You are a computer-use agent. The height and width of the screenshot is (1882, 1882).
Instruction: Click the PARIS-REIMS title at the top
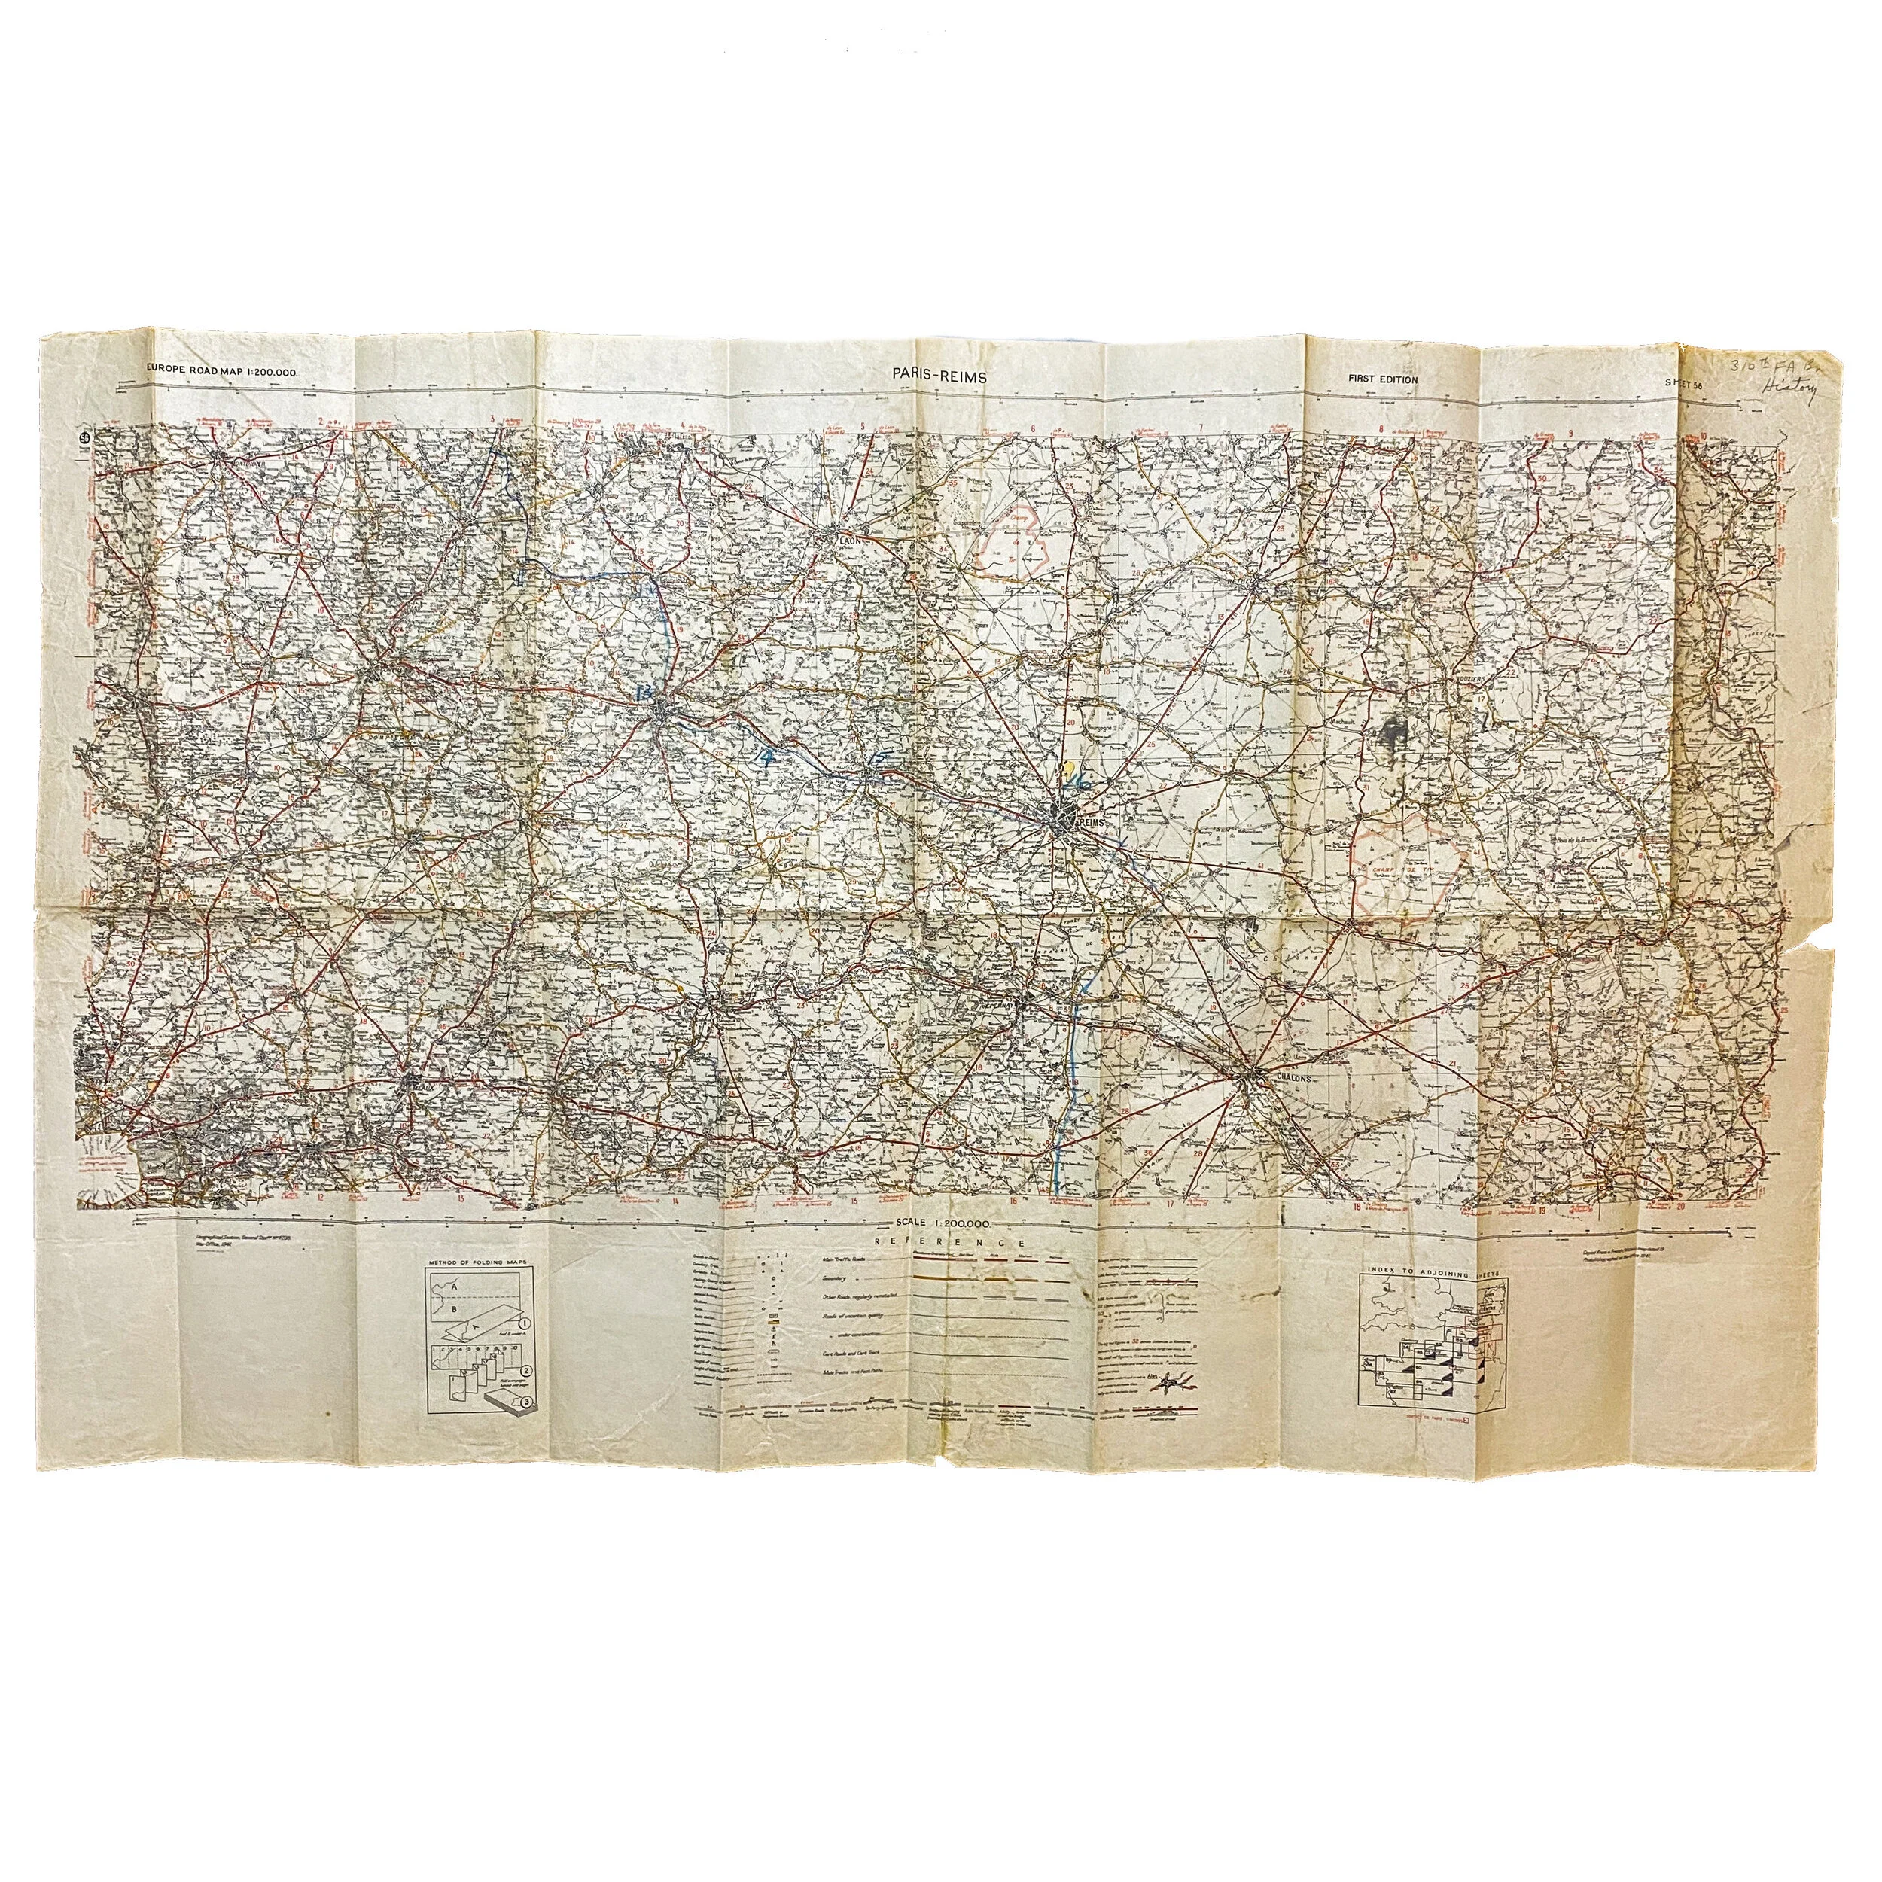[x=939, y=374]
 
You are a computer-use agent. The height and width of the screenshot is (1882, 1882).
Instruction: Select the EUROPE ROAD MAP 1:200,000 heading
[x=222, y=371]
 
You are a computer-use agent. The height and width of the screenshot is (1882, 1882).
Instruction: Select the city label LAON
[x=844, y=537]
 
